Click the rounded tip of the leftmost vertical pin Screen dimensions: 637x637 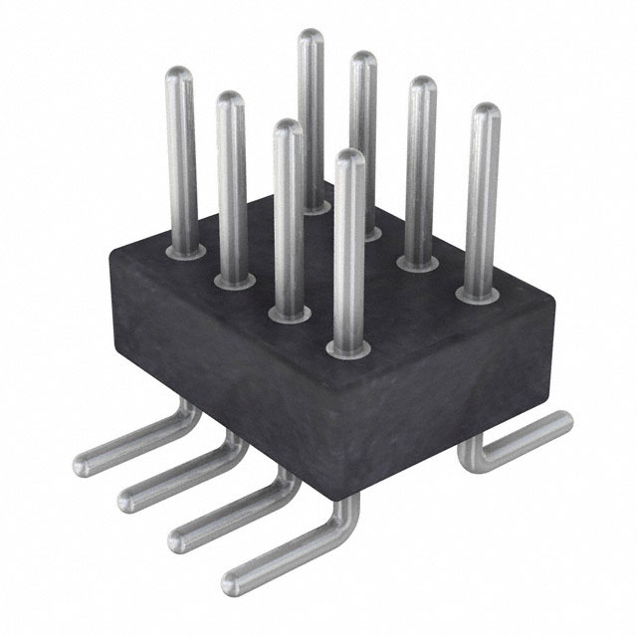[179, 75]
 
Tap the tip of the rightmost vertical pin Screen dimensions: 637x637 [486, 111]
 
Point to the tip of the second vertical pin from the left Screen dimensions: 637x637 [231, 100]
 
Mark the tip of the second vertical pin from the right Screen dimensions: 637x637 [423, 86]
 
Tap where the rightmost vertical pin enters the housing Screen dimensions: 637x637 [479, 294]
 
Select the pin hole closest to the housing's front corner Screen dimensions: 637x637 [346, 348]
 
